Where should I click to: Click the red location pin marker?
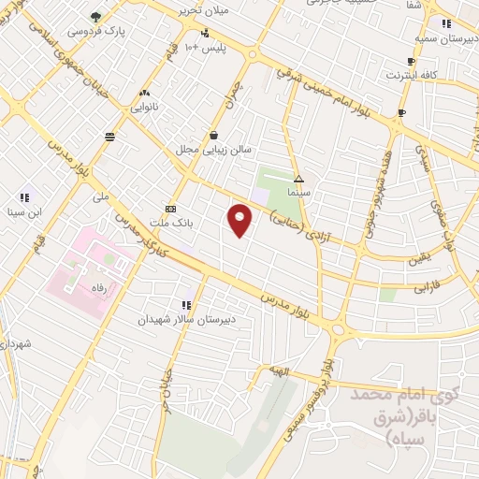240,220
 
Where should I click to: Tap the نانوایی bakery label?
144,108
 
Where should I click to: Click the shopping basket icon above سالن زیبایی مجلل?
214,135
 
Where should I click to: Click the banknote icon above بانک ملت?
170,209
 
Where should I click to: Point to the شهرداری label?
16,345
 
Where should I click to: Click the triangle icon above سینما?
298,178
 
